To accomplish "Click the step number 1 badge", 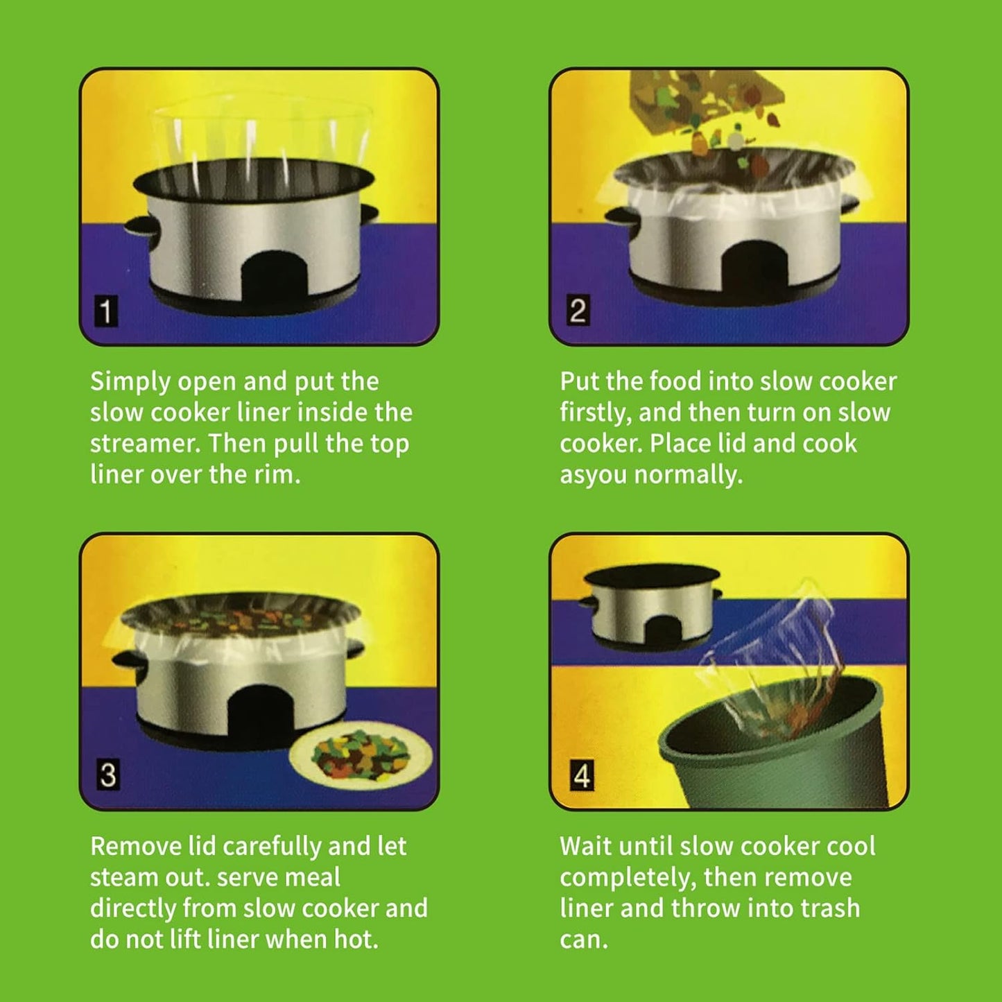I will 105,311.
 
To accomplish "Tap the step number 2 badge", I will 577,310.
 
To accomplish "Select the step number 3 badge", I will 107,775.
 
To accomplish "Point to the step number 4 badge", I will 581,775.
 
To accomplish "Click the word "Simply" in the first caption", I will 130,381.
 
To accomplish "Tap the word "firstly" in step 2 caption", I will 595,413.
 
